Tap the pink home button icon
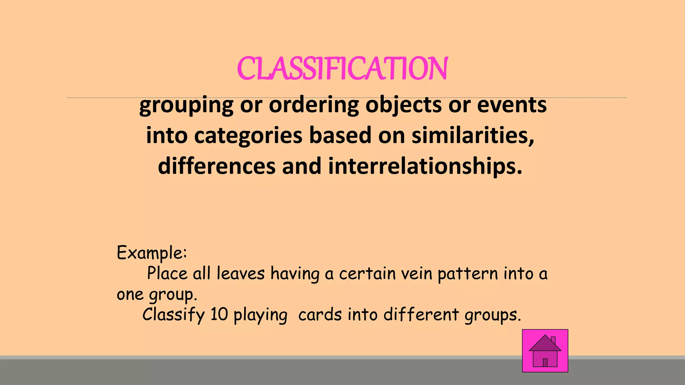tap(545, 351)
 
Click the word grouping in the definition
tap(186, 105)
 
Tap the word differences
tap(217, 166)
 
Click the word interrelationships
tap(425, 166)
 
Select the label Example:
tap(152, 253)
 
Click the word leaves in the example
tap(240, 273)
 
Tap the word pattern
tap(468, 274)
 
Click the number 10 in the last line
tap(219, 314)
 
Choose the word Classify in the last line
tap(173, 314)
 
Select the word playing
tap(260, 315)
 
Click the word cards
tap(320, 314)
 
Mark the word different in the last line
tap(421, 314)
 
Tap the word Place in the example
tap(167, 273)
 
